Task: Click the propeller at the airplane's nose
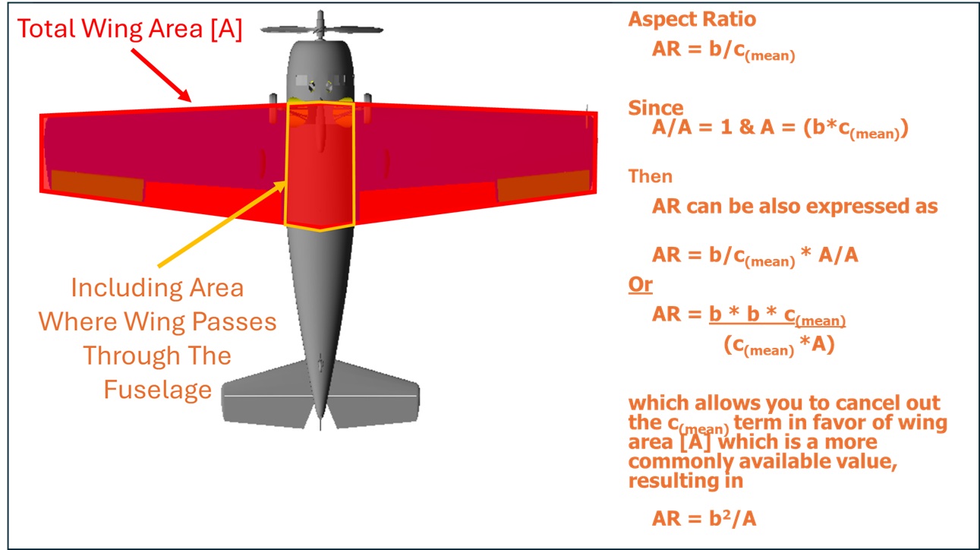click(x=320, y=30)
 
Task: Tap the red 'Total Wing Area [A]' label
click(x=130, y=30)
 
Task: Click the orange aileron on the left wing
click(x=96, y=186)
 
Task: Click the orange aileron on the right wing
click(x=542, y=185)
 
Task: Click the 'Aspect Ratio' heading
click(x=692, y=20)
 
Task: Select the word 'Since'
click(x=655, y=108)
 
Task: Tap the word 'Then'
click(x=651, y=176)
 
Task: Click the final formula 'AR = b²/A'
click(x=704, y=519)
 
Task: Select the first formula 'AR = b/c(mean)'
click(x=723, y=50)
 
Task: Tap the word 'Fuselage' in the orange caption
click(x=157, y=390)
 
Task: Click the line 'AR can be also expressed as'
click(x=794, y=207)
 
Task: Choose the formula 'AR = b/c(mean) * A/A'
click(x=755, y=256)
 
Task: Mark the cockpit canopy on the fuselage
click(x=320, y=84)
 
